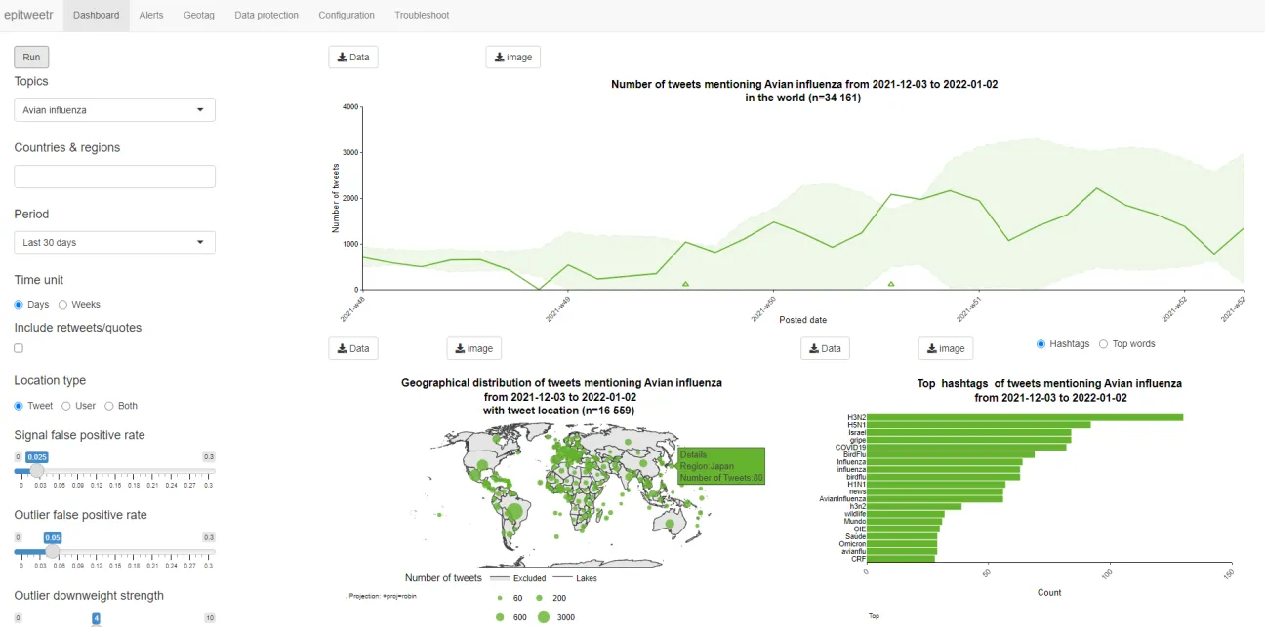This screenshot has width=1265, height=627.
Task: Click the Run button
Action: [x=31, y=58]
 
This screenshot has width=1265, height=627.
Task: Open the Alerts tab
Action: [x=151, y=15]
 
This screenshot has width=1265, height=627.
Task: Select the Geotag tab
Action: [x=199, y=15]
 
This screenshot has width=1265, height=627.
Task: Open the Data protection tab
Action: [x=266, y=15]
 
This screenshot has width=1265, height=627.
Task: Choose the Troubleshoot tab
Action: [x=422, y=15]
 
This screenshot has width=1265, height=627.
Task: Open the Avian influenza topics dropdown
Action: [x=114, y=110]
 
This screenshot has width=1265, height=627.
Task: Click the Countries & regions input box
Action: [x=114, y=176]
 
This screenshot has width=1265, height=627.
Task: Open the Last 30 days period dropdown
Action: [x=114, y=242]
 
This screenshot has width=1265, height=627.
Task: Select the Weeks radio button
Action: [x=63, y=305]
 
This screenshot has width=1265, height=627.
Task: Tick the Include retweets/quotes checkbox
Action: [x=19, y=348]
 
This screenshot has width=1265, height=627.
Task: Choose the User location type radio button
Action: [x=66, y=406]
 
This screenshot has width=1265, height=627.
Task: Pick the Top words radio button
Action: [x=1104, y=344]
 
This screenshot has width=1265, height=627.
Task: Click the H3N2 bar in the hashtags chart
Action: [x=1025, y=417]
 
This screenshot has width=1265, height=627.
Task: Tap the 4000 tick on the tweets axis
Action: [x=351, y=106]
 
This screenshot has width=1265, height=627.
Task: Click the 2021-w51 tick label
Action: [x=968, y=310]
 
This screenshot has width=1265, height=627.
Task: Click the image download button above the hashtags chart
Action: [x=945, y=348]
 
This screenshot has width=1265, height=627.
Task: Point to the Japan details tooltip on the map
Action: [x=721, y=466]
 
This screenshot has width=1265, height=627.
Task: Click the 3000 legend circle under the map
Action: [x=544, y=617]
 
